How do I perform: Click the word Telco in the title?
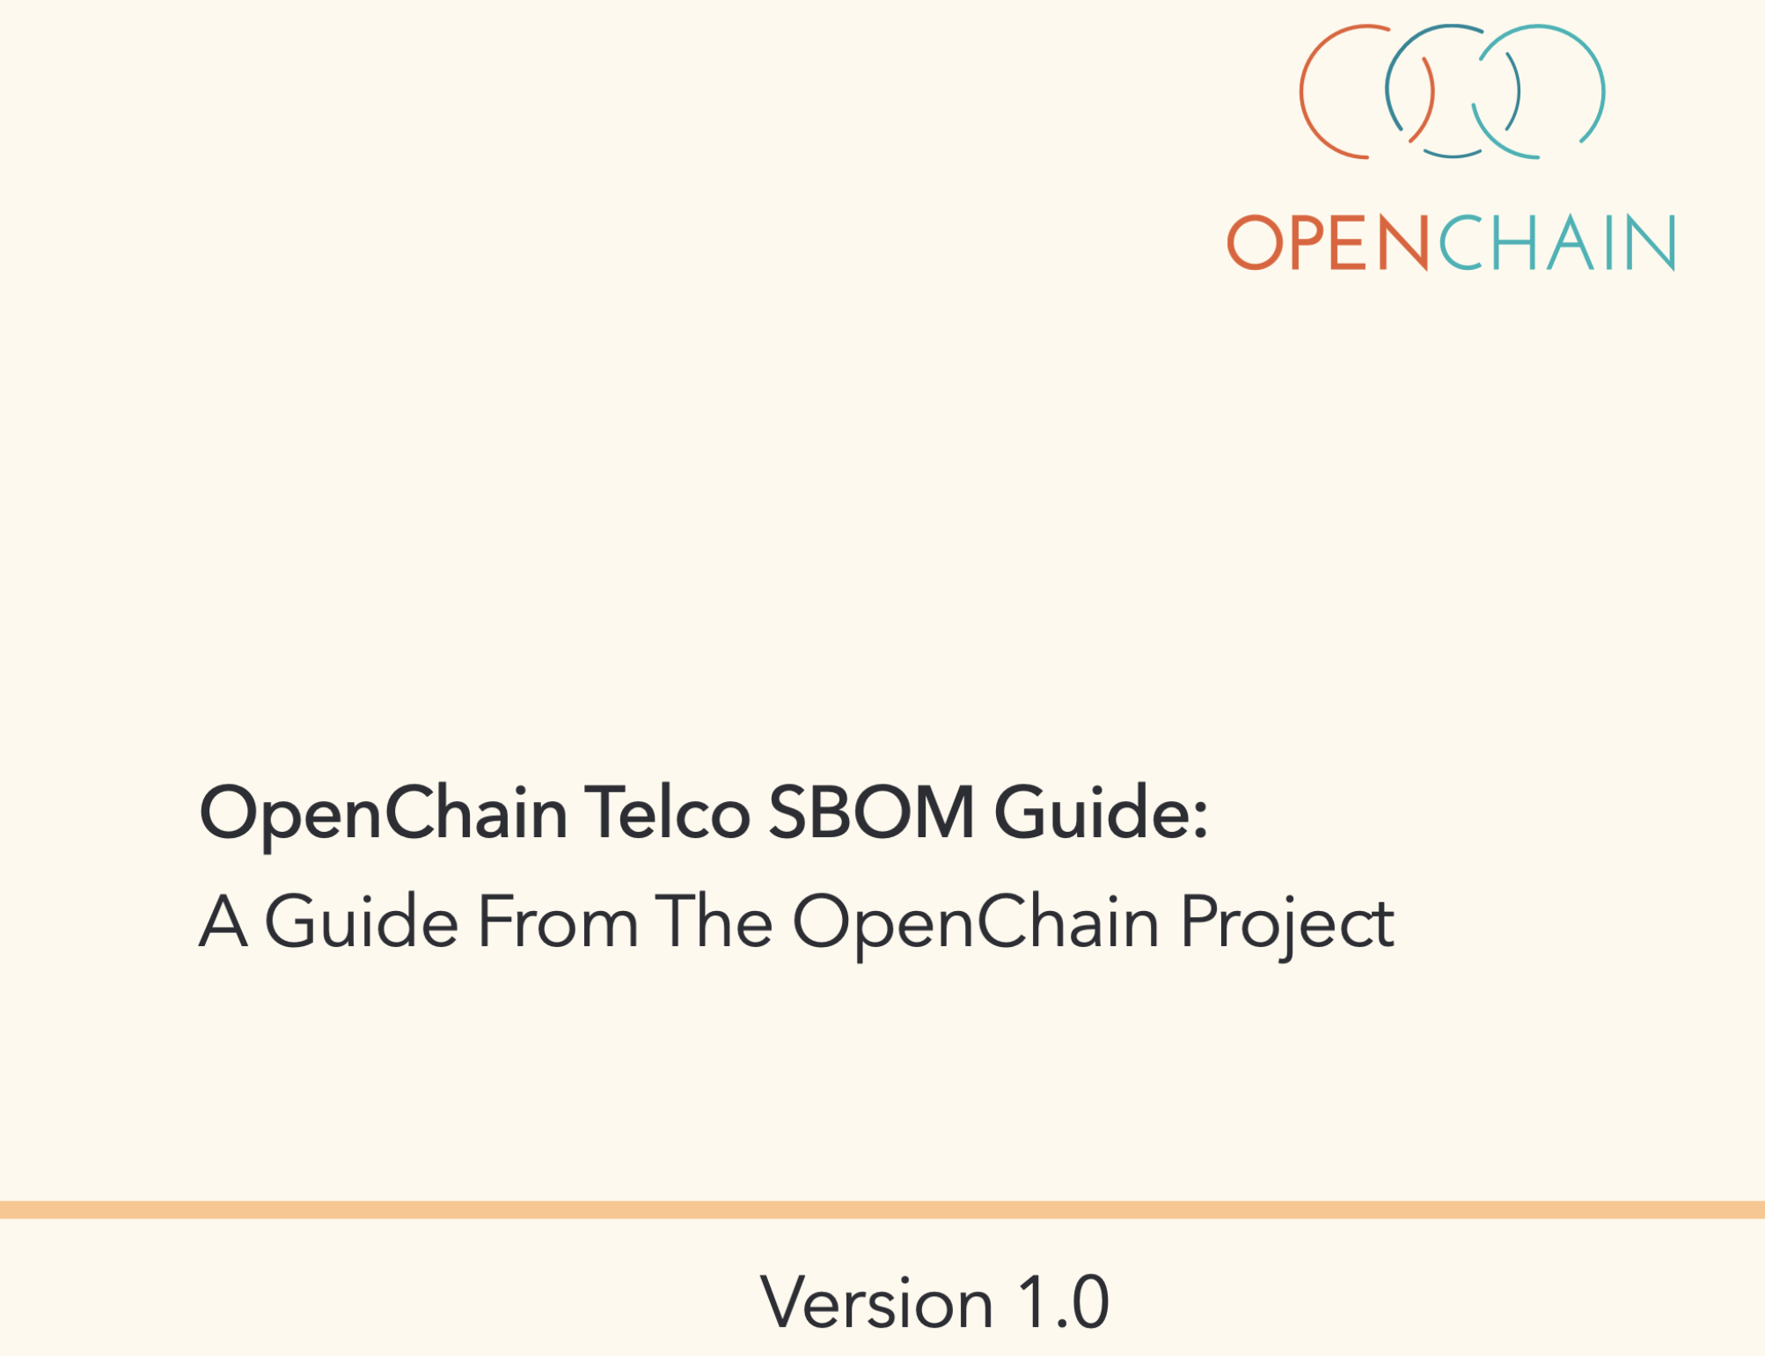tap(667, 813)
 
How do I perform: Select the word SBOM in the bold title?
tap(871, 813)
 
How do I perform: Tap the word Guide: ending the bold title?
tap(1101, 813)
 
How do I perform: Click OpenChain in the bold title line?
tap(384, 818)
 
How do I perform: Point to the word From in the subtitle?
tap(558, 922)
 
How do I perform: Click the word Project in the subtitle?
tap(1287, 927)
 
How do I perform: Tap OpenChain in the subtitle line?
tap(976, 927)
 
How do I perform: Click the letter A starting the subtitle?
tap(223, 921)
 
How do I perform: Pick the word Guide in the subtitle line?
tap(362, 921)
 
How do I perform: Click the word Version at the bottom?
tap(877, 1302)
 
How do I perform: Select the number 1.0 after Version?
tap(1064, 1302)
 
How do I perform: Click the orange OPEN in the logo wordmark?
tap(1329, 243)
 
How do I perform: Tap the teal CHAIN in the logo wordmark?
tap(1556, 243)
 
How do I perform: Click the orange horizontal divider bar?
tap(882, 1209)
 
